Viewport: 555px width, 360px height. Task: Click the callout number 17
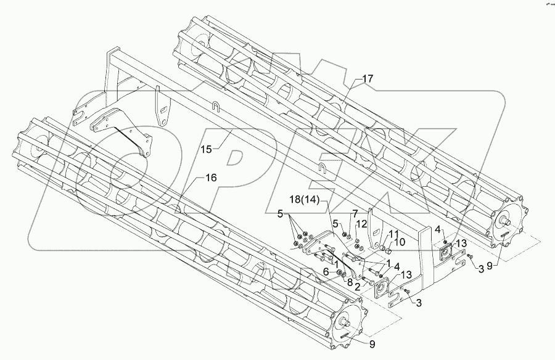click(x=368, y=79)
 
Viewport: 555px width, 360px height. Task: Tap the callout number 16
click(x=211, y=177)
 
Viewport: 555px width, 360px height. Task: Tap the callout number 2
click(x=357, y=285)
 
